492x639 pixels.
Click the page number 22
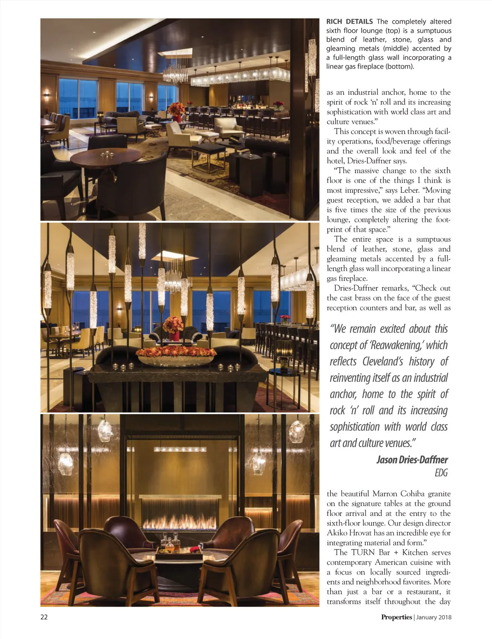click(x=44, y=616)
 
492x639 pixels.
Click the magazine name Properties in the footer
click(x=396, y=617)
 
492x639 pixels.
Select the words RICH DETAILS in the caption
click(x=349, y=21)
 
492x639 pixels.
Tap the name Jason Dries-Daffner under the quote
click(x=412, y=459)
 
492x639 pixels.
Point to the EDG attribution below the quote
click(x=441, y=473)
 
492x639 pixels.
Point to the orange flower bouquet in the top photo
click(x=176, y=110)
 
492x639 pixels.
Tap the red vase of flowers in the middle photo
click(x=173, y=328)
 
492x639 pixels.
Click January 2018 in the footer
click(x=434, y=617)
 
